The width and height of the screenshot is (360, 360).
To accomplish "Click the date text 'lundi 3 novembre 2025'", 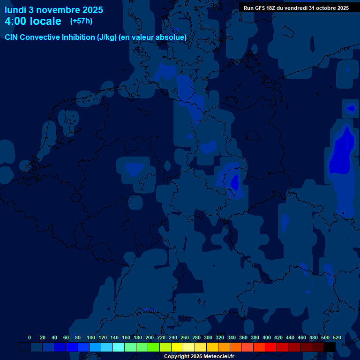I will [x=54, y=10].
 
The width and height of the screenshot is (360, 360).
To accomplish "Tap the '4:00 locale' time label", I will [x=33, y=22].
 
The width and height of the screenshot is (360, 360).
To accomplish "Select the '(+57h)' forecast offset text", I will [x=81, y=21].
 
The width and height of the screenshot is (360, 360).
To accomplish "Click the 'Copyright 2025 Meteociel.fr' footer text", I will [x=199, y=356].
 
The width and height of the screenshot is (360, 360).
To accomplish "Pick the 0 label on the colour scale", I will [x=30, y=337].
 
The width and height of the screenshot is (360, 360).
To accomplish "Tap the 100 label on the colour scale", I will [x=91, y=337].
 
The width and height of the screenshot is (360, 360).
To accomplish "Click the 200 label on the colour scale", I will [x=150, y=337].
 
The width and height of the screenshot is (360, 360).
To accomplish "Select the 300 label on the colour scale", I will [x=208, y=337].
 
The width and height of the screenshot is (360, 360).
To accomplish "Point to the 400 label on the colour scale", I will [x=267, y=337].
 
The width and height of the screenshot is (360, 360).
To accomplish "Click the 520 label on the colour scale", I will [x=337, y=337].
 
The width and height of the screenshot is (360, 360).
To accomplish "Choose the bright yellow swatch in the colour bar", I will [x=177, y=347].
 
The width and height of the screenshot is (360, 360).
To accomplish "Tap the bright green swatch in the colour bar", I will [x=154, y=347].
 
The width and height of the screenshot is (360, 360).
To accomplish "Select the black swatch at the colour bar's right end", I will [x=330, y=347].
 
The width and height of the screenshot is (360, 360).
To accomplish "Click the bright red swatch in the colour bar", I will [x=271, y=347].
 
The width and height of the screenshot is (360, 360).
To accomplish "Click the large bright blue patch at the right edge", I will [x=341, y=155].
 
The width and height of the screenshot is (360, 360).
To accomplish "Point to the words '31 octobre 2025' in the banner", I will [x=329, y=8].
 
